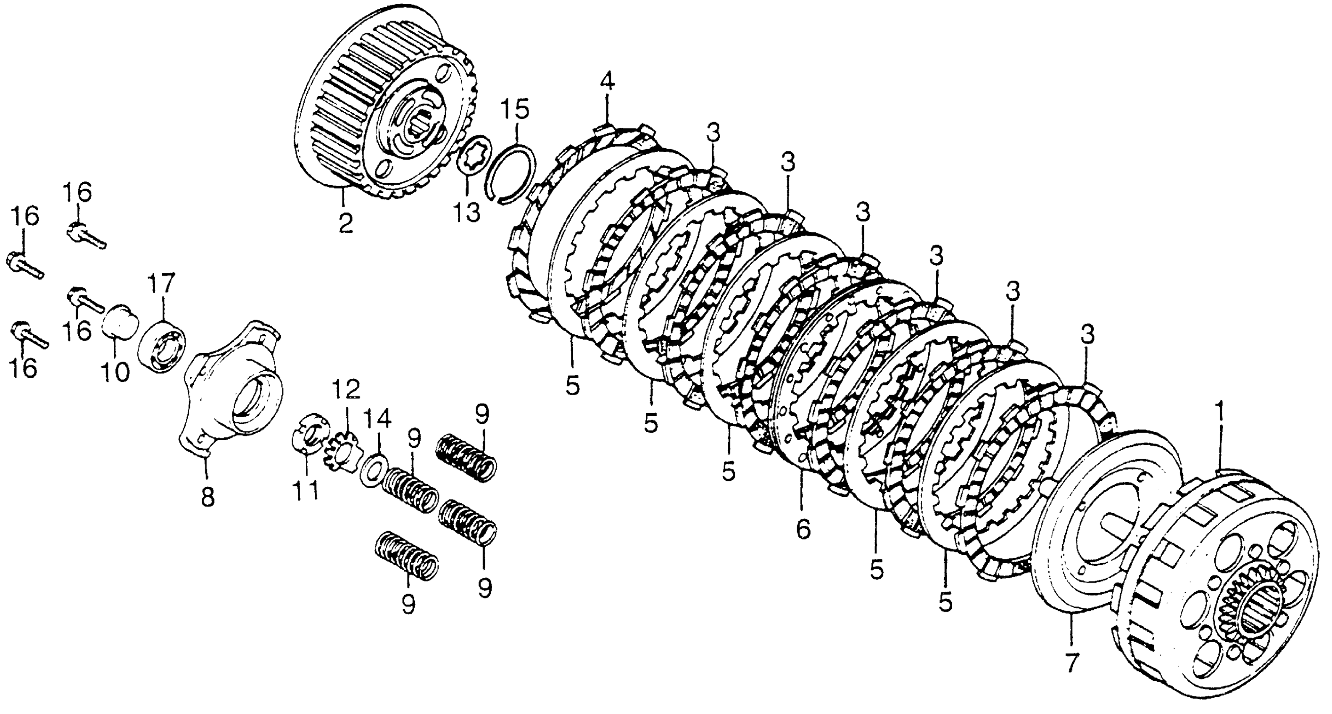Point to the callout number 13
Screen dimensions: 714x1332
[467, 213]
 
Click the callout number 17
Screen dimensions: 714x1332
[162, 284]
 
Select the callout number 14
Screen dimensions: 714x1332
[379, 419]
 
